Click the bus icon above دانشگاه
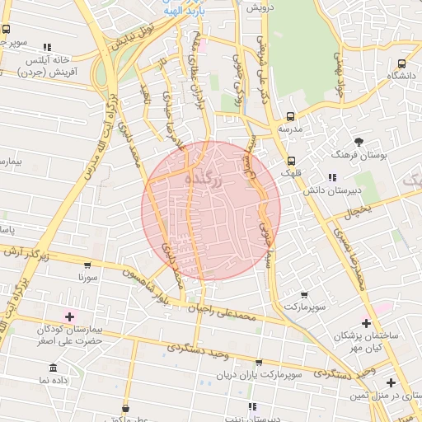pos(401,63)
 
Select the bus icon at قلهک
pos(291,161)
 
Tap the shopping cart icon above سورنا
pos(87,265)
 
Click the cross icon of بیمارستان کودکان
pos(69,316)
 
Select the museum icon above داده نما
pos(54,367)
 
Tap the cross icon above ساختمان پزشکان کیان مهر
pos(367,323)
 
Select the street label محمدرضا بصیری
pos(350,256)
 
